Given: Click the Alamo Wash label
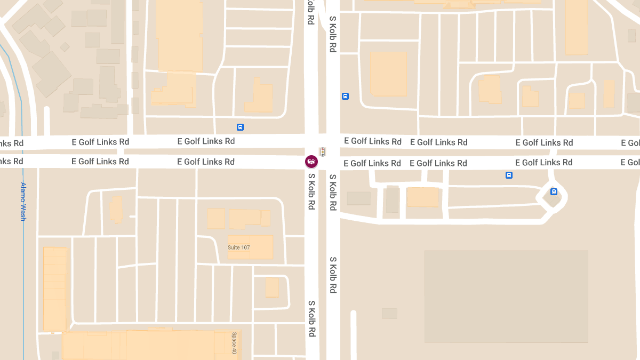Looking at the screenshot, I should click(x=23, y=201).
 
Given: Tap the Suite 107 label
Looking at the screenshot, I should click(x=238, y=247).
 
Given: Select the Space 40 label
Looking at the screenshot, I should click(x=234, y=343).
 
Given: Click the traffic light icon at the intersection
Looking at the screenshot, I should click(x=323, y=151).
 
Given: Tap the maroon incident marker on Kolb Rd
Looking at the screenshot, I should click(x=311, y=161).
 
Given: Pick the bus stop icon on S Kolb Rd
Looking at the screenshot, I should click(x=345, y=97).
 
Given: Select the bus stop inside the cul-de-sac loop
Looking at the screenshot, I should click(x=554, y=192).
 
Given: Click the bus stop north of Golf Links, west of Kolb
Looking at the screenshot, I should click(x=240, y=127).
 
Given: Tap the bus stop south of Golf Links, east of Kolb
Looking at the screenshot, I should click(x=509, y=175).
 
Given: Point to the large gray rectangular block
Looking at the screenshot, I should click(x=506, y=296).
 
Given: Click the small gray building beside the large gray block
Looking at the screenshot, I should click(x=389, y=313).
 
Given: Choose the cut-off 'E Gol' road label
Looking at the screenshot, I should click(x=630, y=143).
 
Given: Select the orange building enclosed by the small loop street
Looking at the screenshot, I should click(x=272, y=287).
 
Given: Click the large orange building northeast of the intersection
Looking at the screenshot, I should click(x=388, y=74).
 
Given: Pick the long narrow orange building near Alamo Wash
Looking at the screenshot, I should click(x=55, y=288).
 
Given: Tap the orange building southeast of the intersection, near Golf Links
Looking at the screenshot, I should click(x=422, y=197).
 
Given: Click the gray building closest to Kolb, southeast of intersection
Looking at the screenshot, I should click(x=358, y=198).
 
